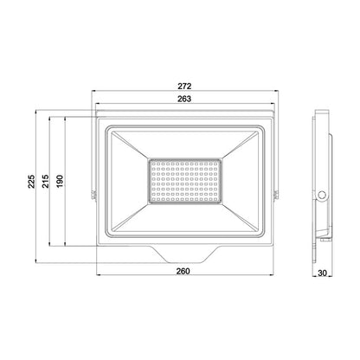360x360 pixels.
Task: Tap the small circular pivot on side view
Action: (x=321, y=194)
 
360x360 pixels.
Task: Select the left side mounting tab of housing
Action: (x=90, y=194)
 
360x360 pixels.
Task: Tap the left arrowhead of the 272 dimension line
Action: (x=92, y=93)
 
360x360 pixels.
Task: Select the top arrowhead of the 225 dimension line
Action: (x=35, y=112)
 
